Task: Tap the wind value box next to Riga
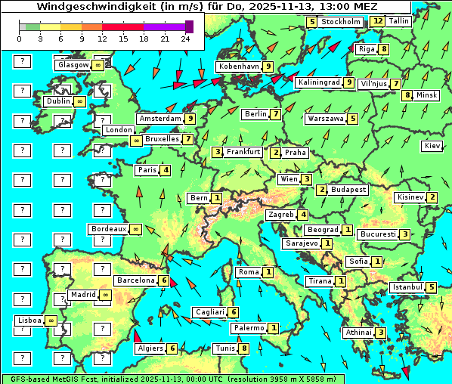[x=384, y=49]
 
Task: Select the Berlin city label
[x=256, y=114]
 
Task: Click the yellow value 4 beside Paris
[x=165, y=170]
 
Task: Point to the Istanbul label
[x=407, y=287]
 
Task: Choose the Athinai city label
[x=358, y=333]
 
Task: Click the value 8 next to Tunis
[x=243, y=348]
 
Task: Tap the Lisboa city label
[x=29, y=321]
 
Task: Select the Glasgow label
[x=73, y=65]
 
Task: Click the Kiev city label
[x=432, y=145]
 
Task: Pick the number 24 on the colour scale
[x=185, y=38]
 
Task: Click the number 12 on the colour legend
[x=103, y=38]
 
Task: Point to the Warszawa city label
[x=325, y=119]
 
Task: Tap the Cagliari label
[x=209, y=312]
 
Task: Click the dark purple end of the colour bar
[x=189, y=26]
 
